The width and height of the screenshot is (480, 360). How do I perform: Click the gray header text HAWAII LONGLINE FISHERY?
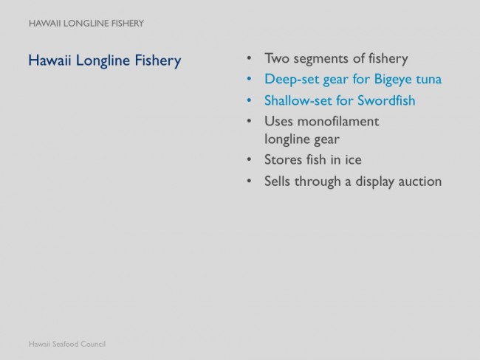[x=86, y=24]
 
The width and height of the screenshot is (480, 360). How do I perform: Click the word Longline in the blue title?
[x=103, y=60]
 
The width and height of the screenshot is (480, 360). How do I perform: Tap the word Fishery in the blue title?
[x=158, y=60]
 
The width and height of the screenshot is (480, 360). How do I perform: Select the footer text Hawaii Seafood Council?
[x=67, y=344]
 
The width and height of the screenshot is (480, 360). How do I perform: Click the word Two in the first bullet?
[x=277, y=58]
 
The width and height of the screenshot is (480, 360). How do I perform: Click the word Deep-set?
[x=291, y=80]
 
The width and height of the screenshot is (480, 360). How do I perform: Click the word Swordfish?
[x=386, y=100]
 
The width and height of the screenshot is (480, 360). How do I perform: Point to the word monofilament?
[x=338, y=122]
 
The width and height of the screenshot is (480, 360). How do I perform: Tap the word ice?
[x=353, y=159]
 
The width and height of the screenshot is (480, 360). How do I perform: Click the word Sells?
[x=277, y=181]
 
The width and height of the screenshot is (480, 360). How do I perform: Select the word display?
[x=374, y=181]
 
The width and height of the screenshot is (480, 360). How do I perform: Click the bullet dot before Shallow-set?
[x=249, y=100]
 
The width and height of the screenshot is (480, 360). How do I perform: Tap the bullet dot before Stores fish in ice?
[x=249, y=159]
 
